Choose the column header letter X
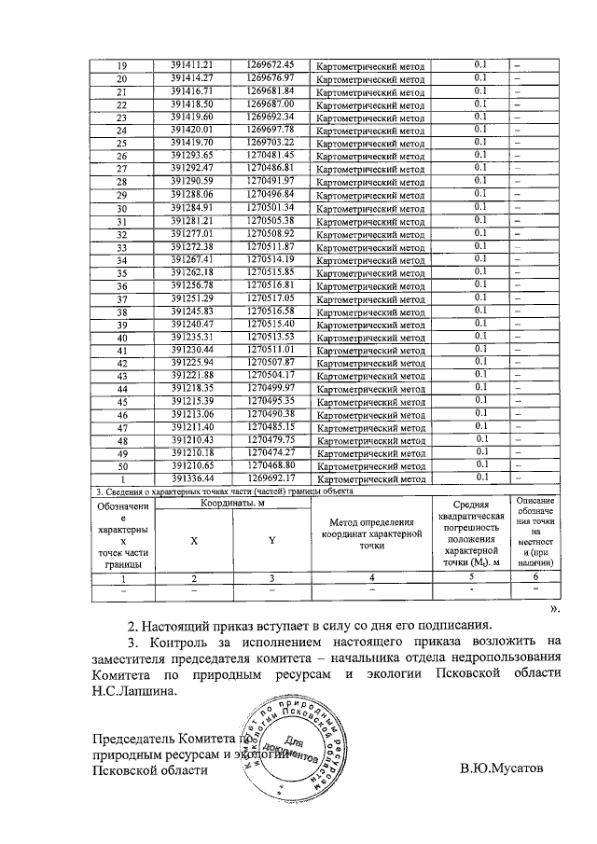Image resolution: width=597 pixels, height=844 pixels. (x=193, y=541)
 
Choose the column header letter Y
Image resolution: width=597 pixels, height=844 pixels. (x=271, y=541)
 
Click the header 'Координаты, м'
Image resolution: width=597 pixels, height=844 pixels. (x=231, y=504)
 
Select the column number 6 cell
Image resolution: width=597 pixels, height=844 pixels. (x=535, y=578)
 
